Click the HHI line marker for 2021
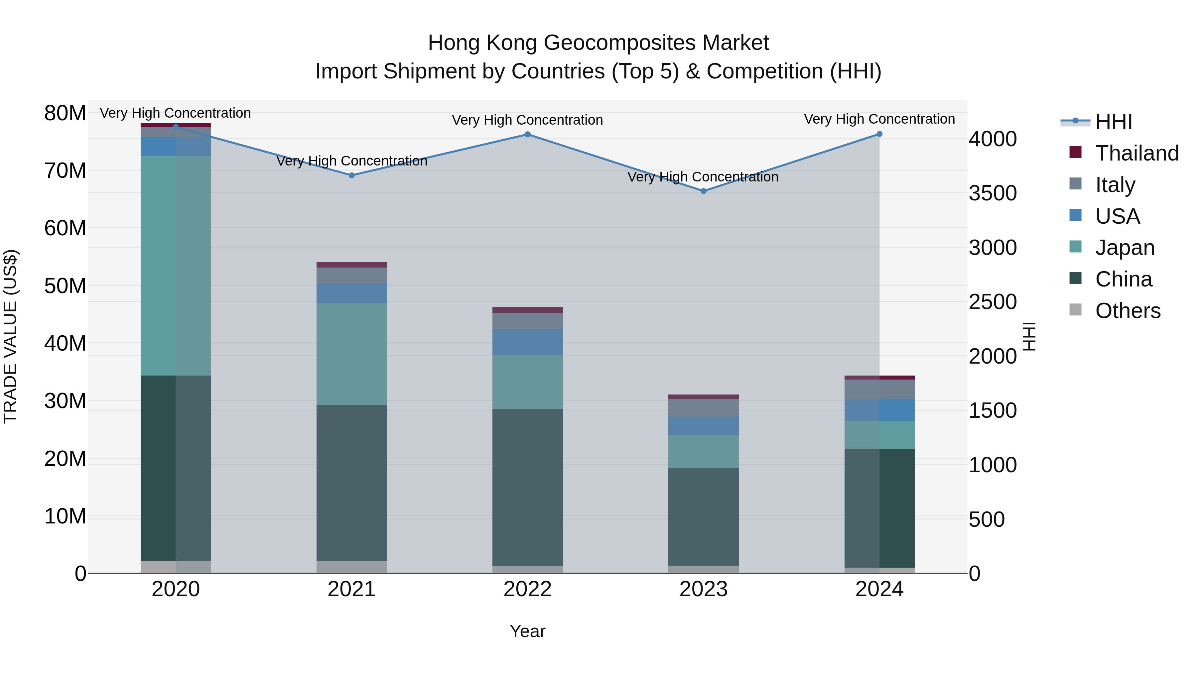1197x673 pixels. coord(352,175)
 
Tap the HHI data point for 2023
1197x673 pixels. coord(704,191)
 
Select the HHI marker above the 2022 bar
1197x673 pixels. coord(527,135)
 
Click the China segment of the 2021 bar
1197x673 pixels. coord(352,483)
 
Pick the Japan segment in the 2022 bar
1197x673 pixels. coord(527,382)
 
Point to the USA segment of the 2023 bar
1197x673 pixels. coord(704,426)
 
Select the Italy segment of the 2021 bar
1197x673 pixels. coord(352,276)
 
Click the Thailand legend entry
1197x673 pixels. coord(1136,153)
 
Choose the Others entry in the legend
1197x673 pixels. coord(1127,311)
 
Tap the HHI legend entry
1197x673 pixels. coord(1113,122)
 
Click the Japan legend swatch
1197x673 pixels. coord(1076,247)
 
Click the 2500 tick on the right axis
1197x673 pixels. coord(993,302)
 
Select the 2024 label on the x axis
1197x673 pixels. coord(879,589)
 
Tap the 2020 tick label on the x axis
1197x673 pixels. coord(176,589)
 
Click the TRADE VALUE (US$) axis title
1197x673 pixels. coord(10,336)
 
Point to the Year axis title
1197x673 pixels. coord(527,631)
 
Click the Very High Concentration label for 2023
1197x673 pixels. coord(703,177)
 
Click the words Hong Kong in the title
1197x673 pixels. coord(483,43)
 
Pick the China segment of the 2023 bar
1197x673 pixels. coord(704,516)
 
